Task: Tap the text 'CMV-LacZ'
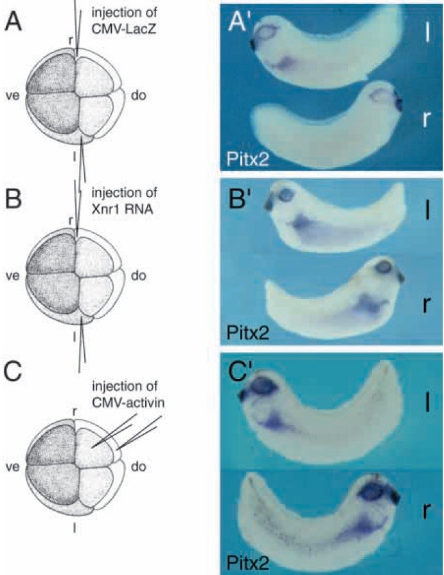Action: click(x=124, y=28)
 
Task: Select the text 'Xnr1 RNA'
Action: click(x=122, y=208)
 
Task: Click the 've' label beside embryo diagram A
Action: click(x=12, y=96)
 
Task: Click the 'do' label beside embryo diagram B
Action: click(x=139, y=276)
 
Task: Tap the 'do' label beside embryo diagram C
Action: click(x=139, y=466)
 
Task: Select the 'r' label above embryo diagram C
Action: click(x=75, y=412)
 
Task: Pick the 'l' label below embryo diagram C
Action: click(x=75, y=527)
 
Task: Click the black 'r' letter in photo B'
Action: click(x=425, y=304)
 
